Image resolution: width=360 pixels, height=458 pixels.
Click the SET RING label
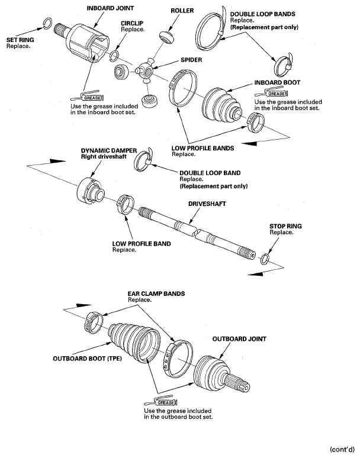pos(20,40)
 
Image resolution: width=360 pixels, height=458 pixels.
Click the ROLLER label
pos(182,11)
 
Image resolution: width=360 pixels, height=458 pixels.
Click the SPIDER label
pos(191,60)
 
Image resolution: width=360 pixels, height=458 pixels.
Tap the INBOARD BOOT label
pos(277,83)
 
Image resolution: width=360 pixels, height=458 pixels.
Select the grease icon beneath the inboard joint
pos(88,96)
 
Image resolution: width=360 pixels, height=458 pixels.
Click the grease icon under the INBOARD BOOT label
pos(271,93)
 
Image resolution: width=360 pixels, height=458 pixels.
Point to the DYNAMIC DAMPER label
pos(109,151)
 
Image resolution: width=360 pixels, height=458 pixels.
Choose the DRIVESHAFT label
pos(207,204)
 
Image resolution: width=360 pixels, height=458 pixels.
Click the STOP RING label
pos(285,227)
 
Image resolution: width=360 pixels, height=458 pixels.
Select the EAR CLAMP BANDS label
pos(156,293)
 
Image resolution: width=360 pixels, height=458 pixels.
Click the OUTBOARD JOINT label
pos(239,339)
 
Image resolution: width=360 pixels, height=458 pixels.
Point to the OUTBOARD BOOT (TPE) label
pos(87,359)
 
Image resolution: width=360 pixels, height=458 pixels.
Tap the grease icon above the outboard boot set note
pos(161,401)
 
